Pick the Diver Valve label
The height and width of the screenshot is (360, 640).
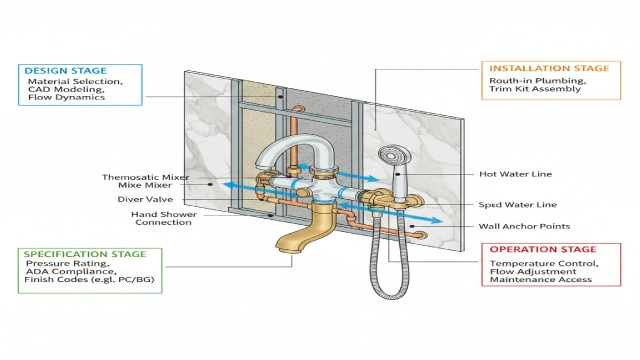[160, 198]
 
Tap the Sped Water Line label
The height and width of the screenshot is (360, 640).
[516, 205]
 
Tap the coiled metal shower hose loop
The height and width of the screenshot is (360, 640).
[384, 275]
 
